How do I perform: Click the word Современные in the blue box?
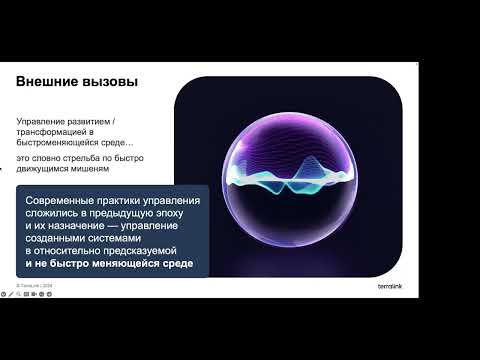tap(67, 200)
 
